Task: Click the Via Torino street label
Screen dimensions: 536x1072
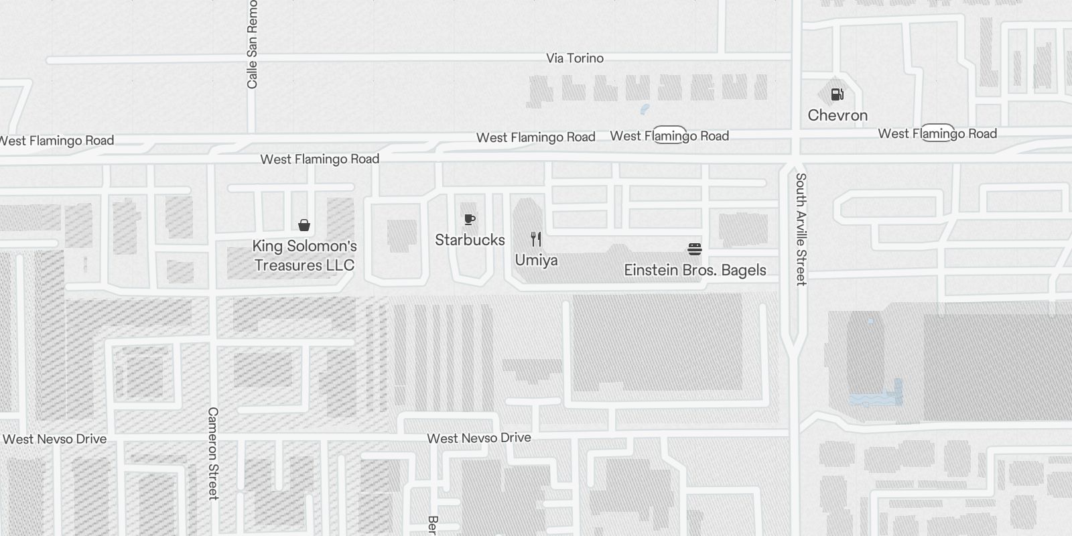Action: pyautogui.click(x=574, y=58)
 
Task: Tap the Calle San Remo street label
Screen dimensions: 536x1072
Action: pyautogui.click(x=252, y=45)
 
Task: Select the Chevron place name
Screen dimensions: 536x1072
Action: pyautogui.click(x=837, y=115)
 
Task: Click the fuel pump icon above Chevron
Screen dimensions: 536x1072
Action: pyautogui.click(x=837, y=94)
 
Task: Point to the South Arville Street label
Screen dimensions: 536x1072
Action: pyautogui.click(x=801, y=229)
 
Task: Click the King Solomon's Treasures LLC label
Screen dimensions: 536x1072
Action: pyautogui.click(x=304, y=256)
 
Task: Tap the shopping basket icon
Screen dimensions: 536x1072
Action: pyautogui.click(x=304, y=224)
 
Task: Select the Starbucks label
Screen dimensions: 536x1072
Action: pyautogui.click(x=470, y=240)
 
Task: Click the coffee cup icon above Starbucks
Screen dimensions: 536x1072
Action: pyautogui.click(x=470, y=219)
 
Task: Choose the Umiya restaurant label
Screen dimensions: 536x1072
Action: pyautogui.click(x=536, y=260)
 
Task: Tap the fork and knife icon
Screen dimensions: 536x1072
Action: pyautogui.click(x=536, y=239)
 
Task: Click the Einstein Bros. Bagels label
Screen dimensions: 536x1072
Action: pyautogui.click(x=695, y=270)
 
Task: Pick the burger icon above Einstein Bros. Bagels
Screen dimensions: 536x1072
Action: pyautogui.click(x=695, y=249)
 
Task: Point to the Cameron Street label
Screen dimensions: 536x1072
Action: pyautogui.click(x=213, y=453)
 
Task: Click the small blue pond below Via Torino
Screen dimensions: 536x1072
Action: pyautogui.click(x=645, y=109)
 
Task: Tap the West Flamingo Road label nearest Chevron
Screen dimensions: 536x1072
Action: pyautogui.click(x=937, y=133)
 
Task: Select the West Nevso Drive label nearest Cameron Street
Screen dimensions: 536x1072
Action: pyautogui.click(x=55, y=440)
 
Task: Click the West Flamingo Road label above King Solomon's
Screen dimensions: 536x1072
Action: pyautogui.click(x=320, y=159)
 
